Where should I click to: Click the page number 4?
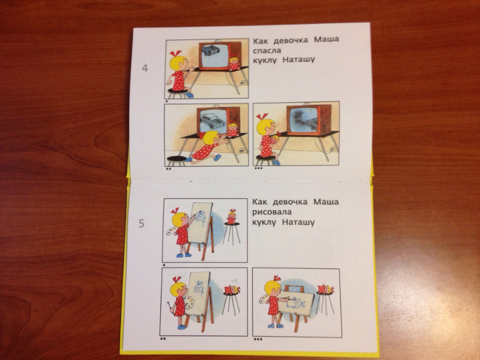[x=145, y=68]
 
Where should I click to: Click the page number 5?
[x=142, y=224]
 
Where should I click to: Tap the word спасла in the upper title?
[x=267, y=50]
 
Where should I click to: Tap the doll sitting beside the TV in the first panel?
[x=234, y=63]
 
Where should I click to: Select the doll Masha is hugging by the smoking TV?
[x=274, y=140]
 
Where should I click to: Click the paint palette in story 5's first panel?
[x=171, y=231]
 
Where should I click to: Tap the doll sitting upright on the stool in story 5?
[x=232, y=217]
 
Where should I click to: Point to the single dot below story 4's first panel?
[x=166, y=100]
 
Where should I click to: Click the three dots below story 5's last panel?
[x=258, y=339]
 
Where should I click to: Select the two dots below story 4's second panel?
[x=168, y=168]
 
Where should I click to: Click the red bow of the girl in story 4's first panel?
[x=175, y=54]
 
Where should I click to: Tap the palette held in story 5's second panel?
[x=188, y=302]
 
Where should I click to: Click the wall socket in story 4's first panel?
[x=242, y=83]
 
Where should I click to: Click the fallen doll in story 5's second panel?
[x=232, y=290]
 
